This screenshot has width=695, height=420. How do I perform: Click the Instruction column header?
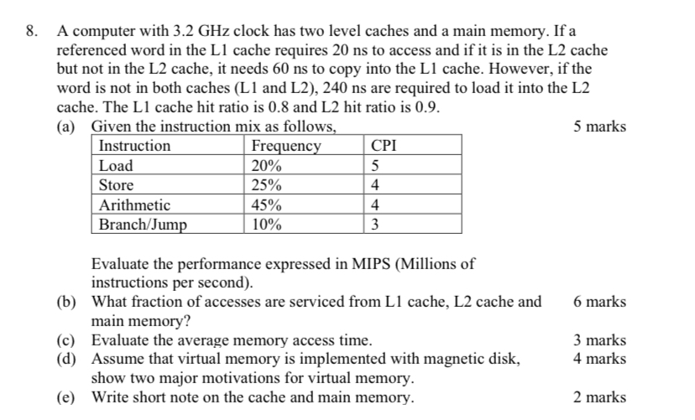134,146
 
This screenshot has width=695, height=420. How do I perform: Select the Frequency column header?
286,146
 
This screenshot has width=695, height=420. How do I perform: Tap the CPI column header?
384,146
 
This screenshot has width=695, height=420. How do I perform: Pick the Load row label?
116,165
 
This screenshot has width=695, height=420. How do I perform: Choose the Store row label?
116,185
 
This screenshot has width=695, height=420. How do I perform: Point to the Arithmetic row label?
134,205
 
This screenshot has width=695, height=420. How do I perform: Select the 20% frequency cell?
267,165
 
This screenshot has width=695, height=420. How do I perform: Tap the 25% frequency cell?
267,185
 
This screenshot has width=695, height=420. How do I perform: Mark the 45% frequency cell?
267,205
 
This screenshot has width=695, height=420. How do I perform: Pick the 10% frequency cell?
267,224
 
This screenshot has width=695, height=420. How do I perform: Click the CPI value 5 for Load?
376,165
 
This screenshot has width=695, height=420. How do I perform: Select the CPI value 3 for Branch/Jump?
376,224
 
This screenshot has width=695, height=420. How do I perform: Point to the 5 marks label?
599,127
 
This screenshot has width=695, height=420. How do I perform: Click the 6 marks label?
599,302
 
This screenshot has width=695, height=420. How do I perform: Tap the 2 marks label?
599,397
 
